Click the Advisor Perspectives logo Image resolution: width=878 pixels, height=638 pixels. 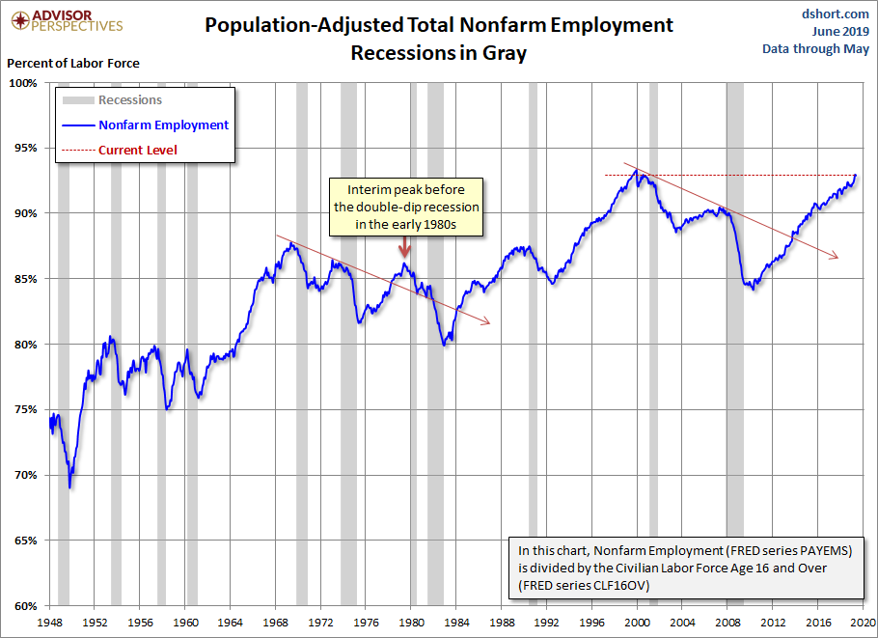coord(63,21)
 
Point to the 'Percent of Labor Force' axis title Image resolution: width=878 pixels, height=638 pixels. coord(73,63)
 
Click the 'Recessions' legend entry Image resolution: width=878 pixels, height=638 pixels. coord(130,99)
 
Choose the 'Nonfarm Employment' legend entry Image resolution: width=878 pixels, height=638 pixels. coord(163,125)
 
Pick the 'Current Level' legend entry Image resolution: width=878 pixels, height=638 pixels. coord(138,150)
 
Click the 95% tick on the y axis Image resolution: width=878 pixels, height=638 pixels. coord(23,148)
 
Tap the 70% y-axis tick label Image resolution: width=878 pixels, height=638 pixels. coord(23,475)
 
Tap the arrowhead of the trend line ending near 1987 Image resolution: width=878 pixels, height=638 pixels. coord(486,321)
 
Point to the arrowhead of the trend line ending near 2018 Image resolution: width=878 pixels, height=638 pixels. coord(835,256)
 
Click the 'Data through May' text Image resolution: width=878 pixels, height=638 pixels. coord(815,48)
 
